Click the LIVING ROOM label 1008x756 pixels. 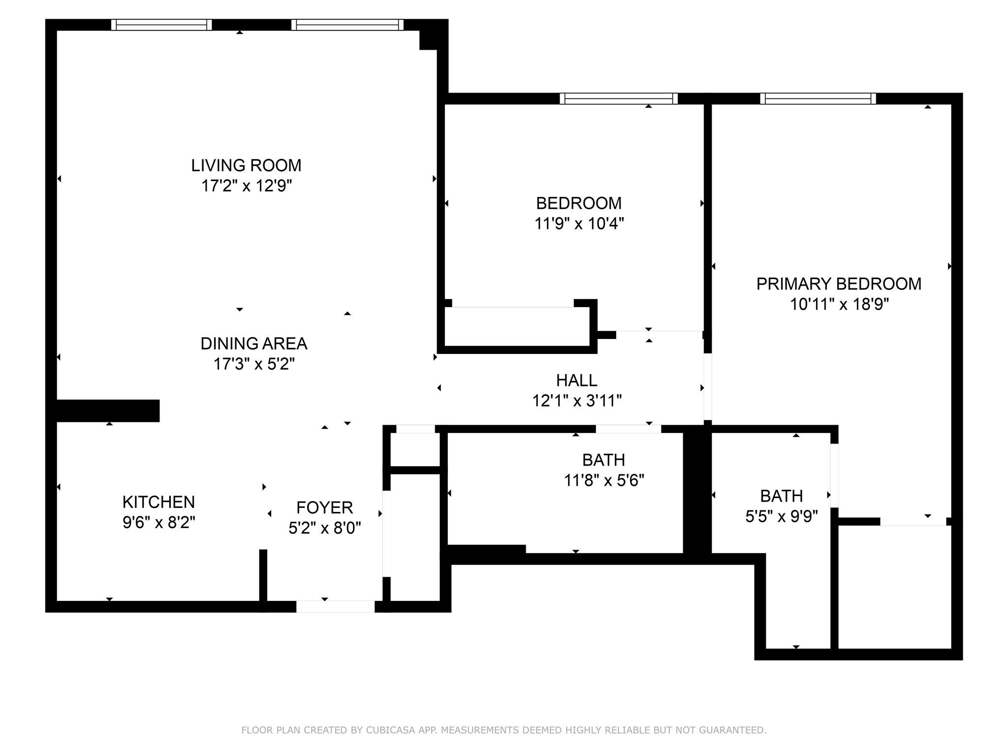pyautogui.click(x=246, y=165)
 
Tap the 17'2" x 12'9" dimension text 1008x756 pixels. pyautogui.click(x=247, y=186)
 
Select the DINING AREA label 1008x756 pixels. pyautogui.click(x=254, y=344)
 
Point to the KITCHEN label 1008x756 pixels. pyautogui.click(x=158, y=502)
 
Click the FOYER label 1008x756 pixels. pyautogui.click(x=325, y=507)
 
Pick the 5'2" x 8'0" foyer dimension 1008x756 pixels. pyautogui.click(x=325, y=528)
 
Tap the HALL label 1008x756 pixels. pyautogui.click(x=577, y=380)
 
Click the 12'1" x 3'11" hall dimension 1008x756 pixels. pyautogui.click(x=577, y=401)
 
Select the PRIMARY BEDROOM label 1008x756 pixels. pyautogui.click(x=839, y=284)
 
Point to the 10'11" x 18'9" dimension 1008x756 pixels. pyautogui.click(x=839, y=305)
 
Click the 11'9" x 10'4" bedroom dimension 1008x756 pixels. pyautogui.click(x=579, y=224)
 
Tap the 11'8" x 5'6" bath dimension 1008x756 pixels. pyautogui.click(x=604, y=480)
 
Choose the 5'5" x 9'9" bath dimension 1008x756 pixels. pyautogui.click(x=782, y=516)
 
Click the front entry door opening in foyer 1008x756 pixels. pyautogui.click(x=335, y=606)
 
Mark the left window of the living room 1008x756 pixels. pyautogui.click(x=161, y=25)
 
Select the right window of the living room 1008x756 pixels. pyautogui.click(x=347, y=25)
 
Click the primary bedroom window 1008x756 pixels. pyautogui.click(x=818, y=98)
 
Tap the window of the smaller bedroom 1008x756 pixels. pyautogui.click(x=619, y=98)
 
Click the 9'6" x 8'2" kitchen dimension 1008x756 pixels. pyautogui.click(x=159, y=523)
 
